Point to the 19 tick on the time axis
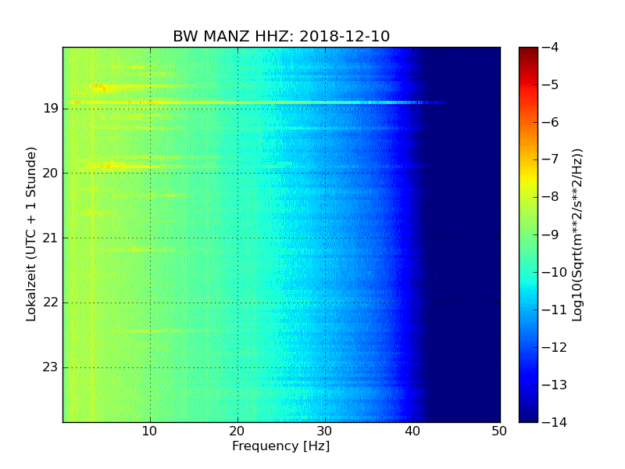[x=51, y=109]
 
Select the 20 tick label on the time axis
[x=51, y=174]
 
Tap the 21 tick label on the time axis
[x=51, y=238]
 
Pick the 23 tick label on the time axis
[x=51, y=367]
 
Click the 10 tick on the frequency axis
[x=150, y=431]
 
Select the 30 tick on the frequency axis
[x=325, y=431]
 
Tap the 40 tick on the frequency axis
[x=412, y=431]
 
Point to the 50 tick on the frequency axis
[x=500, y=431]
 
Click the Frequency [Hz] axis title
[x=280, y=446]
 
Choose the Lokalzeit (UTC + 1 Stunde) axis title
[x=32, y=234]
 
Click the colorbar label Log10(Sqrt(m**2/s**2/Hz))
[x=577, y=234]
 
